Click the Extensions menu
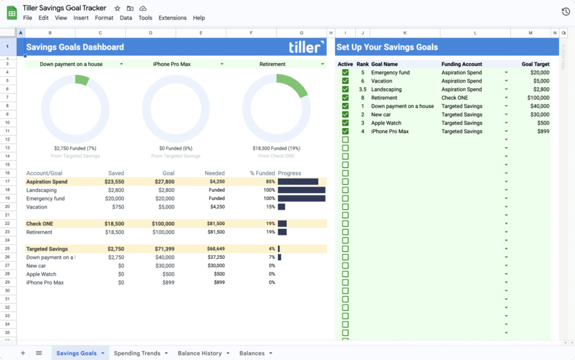(172, 18)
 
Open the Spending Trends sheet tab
(137, 353)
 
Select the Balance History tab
(199, 353)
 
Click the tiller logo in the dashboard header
(306, 47)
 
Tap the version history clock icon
(565, 12)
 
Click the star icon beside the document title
(117, 8)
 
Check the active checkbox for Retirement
(345, 98)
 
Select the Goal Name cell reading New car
(381, 114)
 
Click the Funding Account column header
(461, 64)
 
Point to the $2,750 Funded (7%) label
(75, 148)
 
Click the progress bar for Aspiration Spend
(298, 182)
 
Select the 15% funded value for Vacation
(270, 207)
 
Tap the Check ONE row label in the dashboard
(39, 224)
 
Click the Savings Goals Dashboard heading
(75, 47)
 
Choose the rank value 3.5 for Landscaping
(362, 90)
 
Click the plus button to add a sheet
(23, 353)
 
